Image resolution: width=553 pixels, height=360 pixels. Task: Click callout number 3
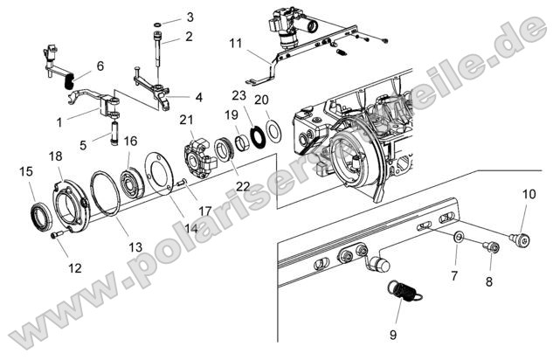190,17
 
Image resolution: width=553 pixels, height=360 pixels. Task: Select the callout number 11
237,42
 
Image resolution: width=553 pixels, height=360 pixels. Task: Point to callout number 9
393,335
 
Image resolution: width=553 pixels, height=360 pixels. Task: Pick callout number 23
238,95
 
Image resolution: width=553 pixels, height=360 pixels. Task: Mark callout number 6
100,66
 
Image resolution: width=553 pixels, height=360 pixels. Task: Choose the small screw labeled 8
491,249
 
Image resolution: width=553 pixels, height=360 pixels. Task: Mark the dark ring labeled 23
257,136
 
